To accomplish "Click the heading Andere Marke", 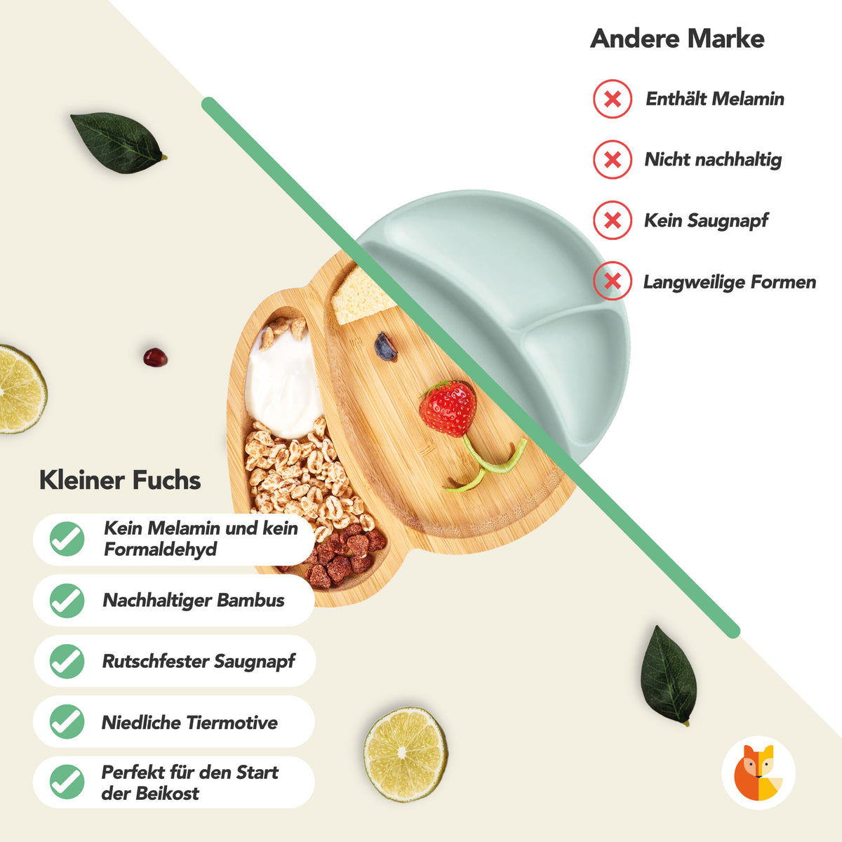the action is click(677, 39).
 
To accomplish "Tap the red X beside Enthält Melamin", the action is click(612, 99).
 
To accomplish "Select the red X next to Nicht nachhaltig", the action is click(612, 159).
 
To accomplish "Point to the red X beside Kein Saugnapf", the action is click(612, 220).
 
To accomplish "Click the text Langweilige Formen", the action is click(729, 282).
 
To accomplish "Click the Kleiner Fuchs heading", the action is click(120, 480).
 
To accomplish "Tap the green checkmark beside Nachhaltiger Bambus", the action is click(67, 601).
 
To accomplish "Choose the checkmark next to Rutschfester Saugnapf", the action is click(67, 661).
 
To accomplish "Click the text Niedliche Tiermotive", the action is click(189, 722).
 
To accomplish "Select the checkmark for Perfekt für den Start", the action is click(67, 782).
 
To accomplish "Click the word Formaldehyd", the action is click(161, 549).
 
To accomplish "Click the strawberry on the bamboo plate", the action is click(448, 408).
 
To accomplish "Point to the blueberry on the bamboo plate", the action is click(385, 347).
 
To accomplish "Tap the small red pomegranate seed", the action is click(155, 357).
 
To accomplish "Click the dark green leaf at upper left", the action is click(119, 142).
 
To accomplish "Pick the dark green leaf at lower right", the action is click(668, 676).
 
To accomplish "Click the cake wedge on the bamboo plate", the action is click(363, 295).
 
